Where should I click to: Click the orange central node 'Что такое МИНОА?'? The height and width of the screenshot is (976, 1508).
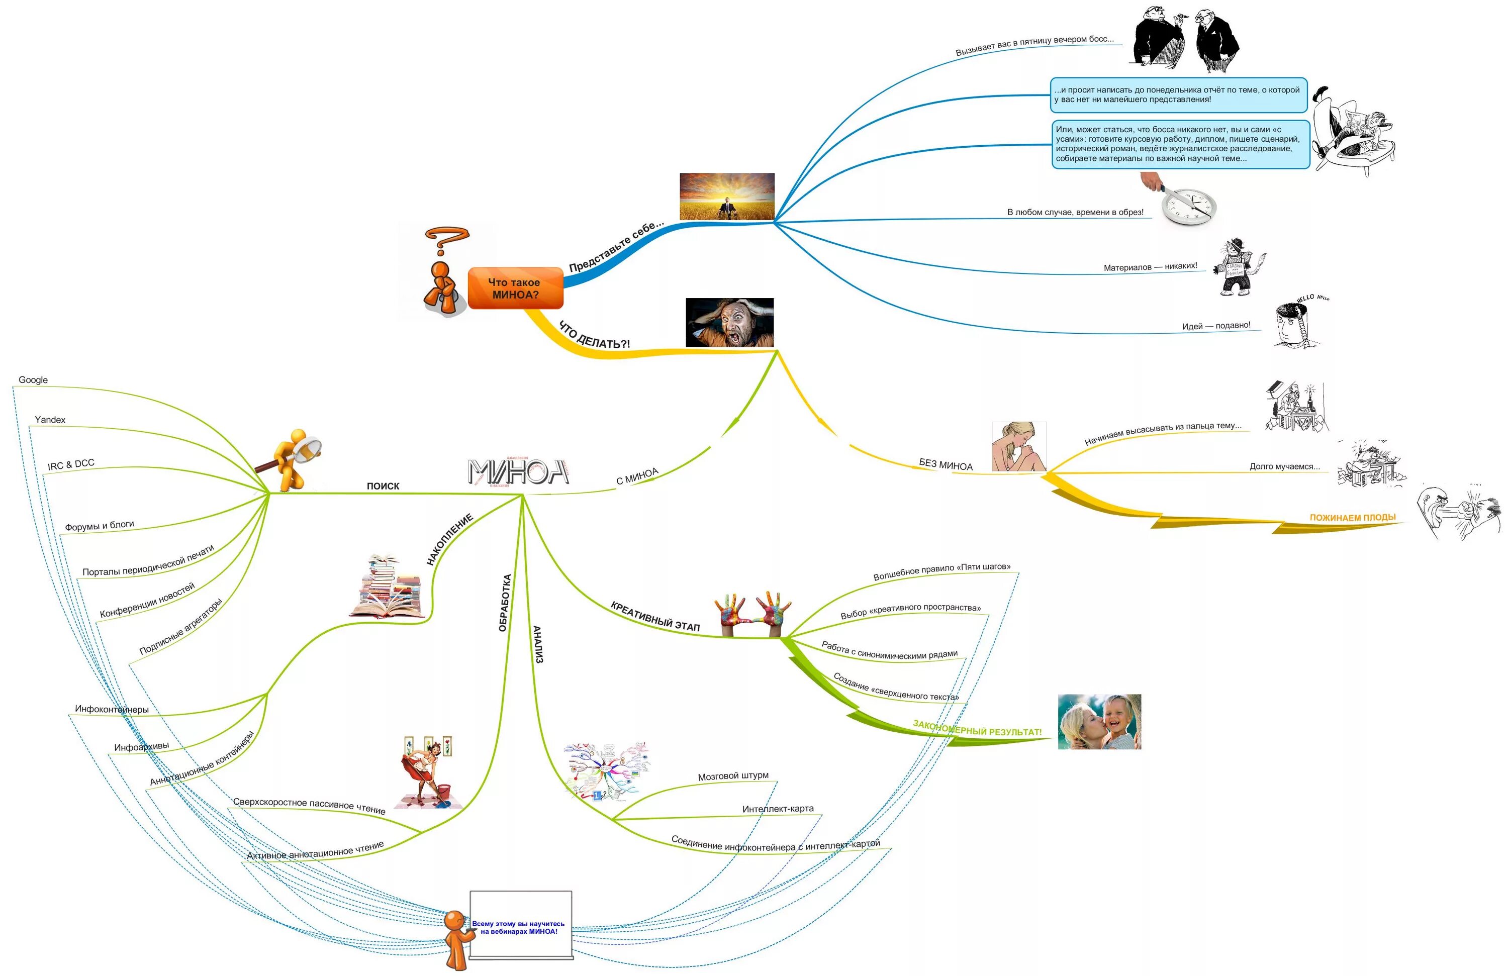(x=515, y=288)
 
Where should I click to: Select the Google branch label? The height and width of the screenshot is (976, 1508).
(x=33, y=380)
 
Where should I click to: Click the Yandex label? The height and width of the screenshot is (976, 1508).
(x=50, y=420)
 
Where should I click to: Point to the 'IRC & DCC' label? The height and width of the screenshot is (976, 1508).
(x=71, y=464)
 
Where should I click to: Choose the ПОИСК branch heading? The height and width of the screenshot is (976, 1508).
(x=383, y=486)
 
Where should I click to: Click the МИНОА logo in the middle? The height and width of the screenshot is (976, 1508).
(x=518, y=472)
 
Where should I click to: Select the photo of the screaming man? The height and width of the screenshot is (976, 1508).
(x=729, y=322)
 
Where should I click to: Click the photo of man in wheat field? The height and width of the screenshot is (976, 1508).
(x=727, y=197)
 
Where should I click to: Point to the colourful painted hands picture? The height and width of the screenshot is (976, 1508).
(x=752, y=613)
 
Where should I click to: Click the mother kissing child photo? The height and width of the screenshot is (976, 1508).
(x=1099, y=721)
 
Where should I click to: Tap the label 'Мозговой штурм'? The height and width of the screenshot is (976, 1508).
(x=733, y=776)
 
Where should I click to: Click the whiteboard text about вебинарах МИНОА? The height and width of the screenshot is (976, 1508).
(x=518, y=927)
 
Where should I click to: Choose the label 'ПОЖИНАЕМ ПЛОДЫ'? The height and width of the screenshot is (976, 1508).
(x=1352, y=518)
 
